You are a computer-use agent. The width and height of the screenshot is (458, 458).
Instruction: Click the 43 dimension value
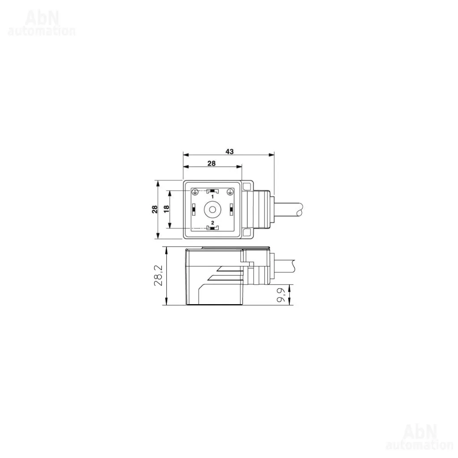click(x=229, y=152)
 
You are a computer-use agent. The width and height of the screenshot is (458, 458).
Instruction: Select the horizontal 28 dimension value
click(x=212, y=164)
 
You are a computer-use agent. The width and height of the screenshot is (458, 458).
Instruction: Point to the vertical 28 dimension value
click(x=154, y=209)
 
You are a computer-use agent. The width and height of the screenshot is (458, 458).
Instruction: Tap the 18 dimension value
click(x=166, y=209)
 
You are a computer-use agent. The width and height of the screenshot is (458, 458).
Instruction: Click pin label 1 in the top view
click(x=212, y=197)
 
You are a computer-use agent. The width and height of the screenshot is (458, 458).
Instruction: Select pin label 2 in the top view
click(x=212, y=223)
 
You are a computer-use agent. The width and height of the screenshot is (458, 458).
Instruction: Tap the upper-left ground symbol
click(x=195, y=191)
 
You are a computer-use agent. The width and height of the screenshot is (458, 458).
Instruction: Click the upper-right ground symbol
click(x=230, y=191)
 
